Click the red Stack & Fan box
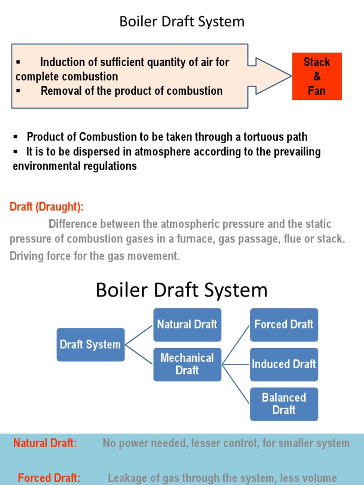pyautogui.click(x=317, y=76)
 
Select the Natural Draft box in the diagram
pyautogui.click(x=187, y=324)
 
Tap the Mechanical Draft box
pyautogui.click(x=187, y=364)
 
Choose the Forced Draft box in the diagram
pyautogui.click(x=284, y=324)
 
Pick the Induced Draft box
pyautogui.click(x=284, y=364)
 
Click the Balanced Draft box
pyautogui.click(x=284, y=404)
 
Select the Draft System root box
pyautogui.click(x=91, y=344)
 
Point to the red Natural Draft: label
pyautogui.click(x=45, y=443)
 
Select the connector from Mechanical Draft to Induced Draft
pyautogui.click(x=236, y=364)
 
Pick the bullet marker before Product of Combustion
pyautogui.click(x=16, y=137)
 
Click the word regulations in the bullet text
pyautogui.click(x=111, y=166)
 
